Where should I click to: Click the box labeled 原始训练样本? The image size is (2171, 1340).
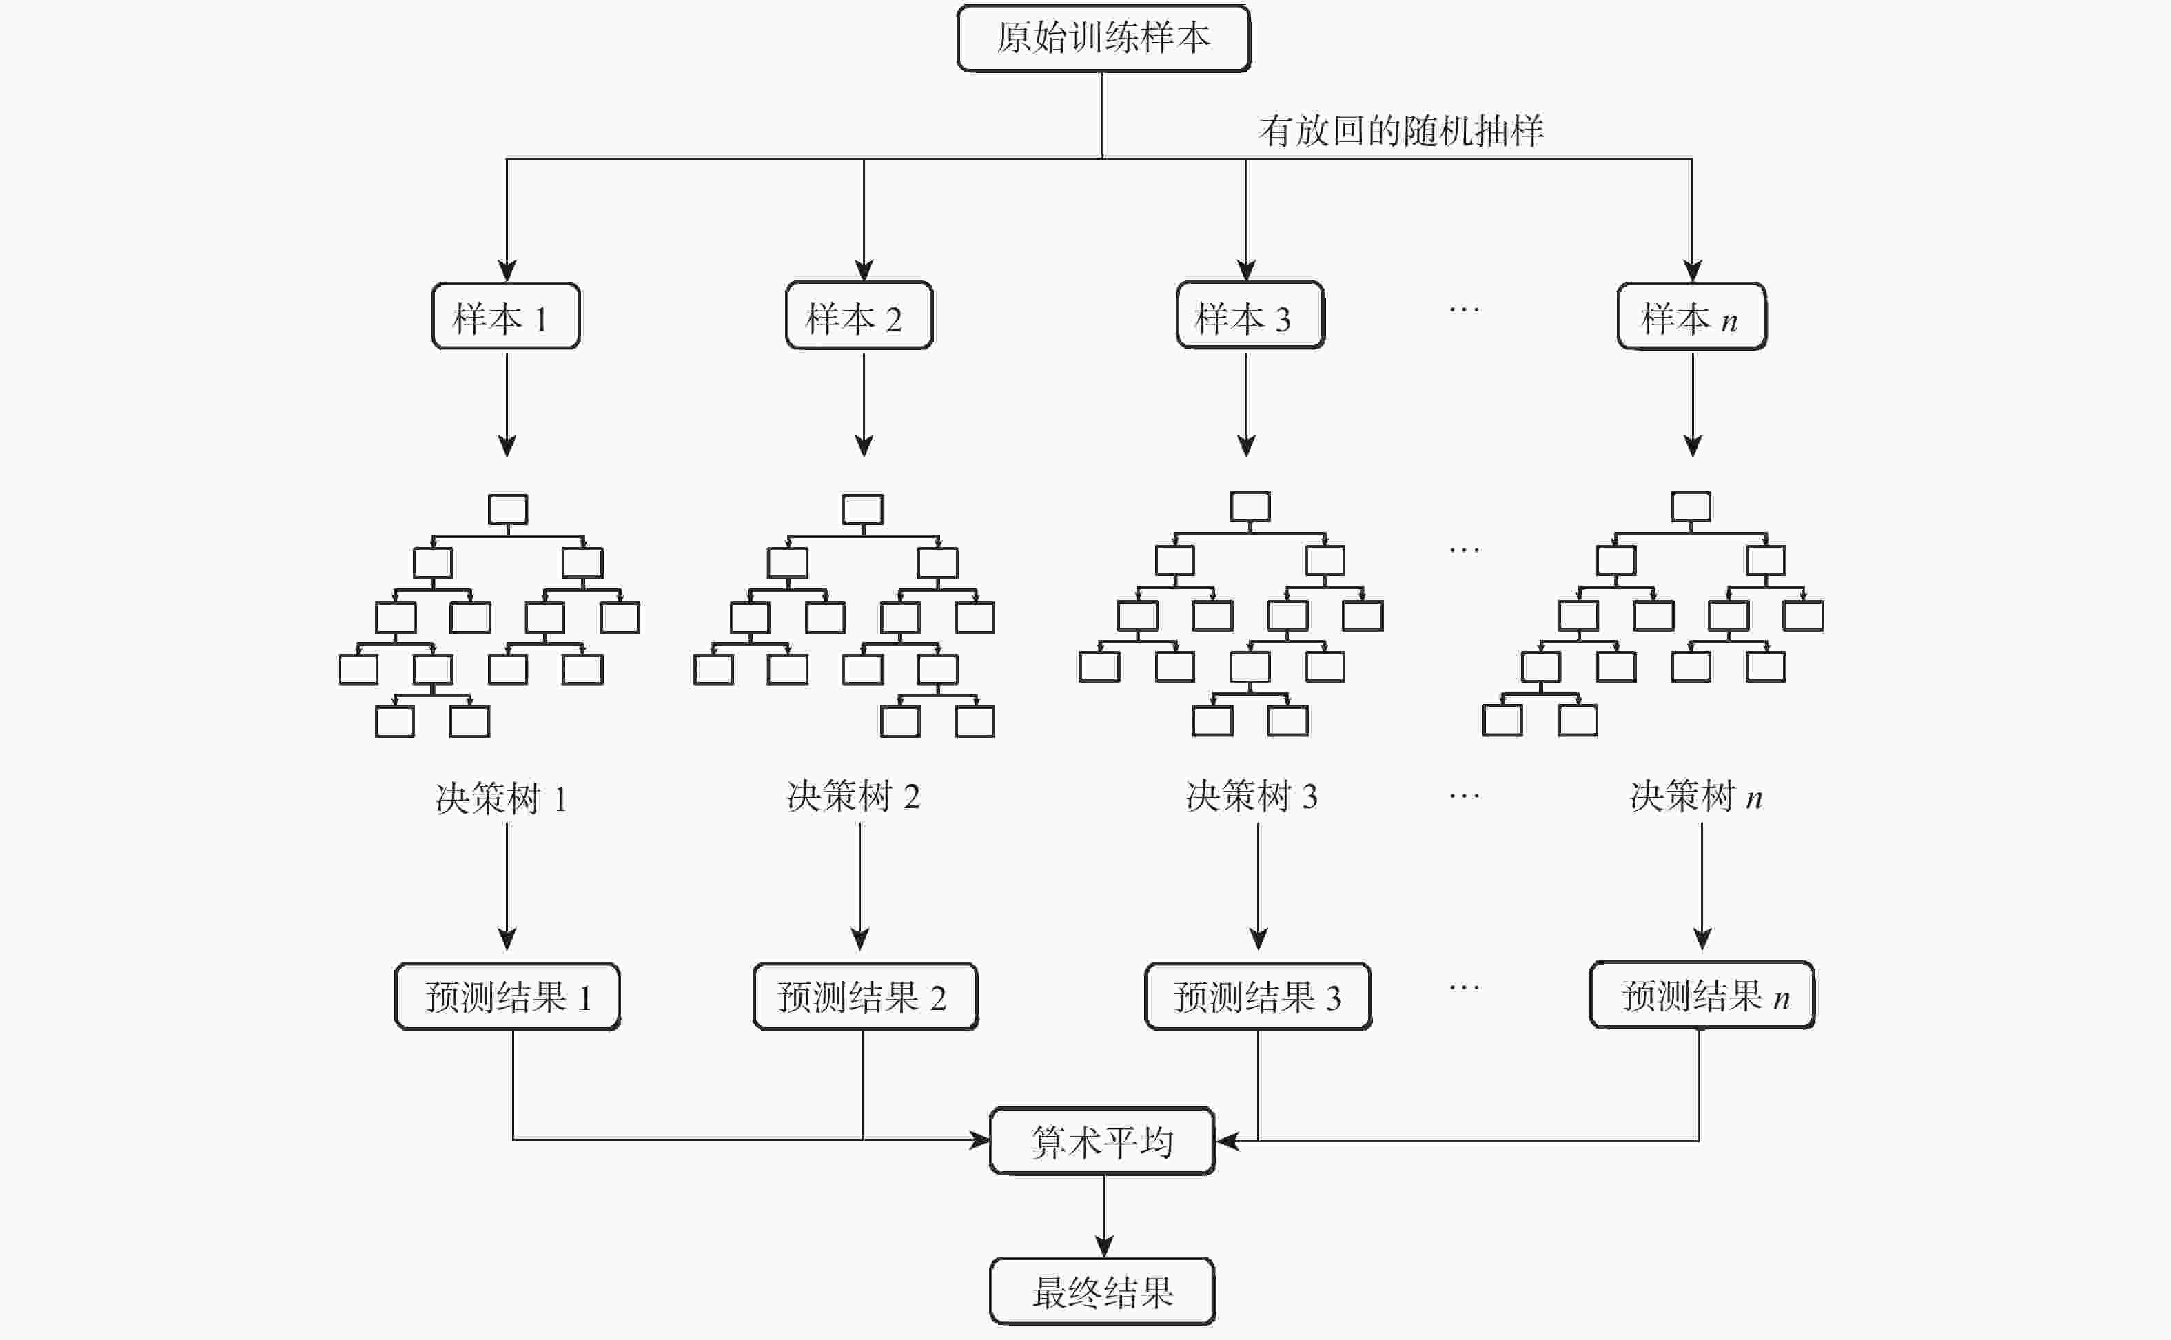[x=1103, y=38]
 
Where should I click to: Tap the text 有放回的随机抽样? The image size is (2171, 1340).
[x=1400, y=131]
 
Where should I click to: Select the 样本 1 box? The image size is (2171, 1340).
[x=505, y=316]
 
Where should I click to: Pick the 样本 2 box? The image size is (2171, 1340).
[x=859, y=316]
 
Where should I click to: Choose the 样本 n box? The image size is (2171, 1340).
[x=1691, y=316]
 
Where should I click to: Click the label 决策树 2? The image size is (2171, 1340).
[x=853, y=796]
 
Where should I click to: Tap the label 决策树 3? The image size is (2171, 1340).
[x=1251, y=796]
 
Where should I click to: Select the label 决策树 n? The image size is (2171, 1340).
[x=1695, y=796]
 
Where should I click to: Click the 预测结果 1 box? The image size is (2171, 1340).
[x=507, y=997]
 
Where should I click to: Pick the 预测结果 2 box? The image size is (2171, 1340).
[x=864, y=997]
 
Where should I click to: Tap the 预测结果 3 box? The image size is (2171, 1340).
[x=1257, y=997]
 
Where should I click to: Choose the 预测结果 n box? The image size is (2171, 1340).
[x=1702, y=996]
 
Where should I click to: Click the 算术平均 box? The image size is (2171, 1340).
[x=1102, y=1142]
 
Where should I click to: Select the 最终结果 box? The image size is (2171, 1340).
[x=1102, y=1291]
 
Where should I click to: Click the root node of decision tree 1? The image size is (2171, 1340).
[x=508, y=510]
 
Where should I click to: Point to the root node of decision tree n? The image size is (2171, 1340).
[x=1691, y=507]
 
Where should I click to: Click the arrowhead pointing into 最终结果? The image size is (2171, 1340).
[x=1103, y=1246]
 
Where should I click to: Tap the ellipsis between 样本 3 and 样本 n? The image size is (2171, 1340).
[x=1464, y=310]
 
